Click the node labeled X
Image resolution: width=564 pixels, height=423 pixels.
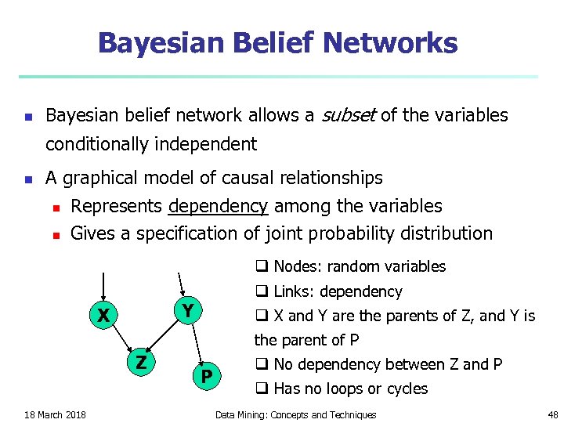pos(103,316)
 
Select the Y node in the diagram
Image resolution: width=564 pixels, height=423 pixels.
pos(187,310)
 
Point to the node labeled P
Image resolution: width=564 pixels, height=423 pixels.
pos(206,378)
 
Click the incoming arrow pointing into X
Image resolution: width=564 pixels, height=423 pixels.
pos(103,287)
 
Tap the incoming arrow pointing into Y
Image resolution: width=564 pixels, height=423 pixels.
pos(181,284)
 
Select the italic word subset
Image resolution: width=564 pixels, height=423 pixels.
pos(347,116)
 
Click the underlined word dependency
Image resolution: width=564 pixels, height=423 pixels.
pos(218,206)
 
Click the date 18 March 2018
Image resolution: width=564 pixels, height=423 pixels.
pos(55,414)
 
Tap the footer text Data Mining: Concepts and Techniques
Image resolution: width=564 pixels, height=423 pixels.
pos(295,414)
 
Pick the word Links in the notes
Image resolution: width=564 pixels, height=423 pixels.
pos(291,291)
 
